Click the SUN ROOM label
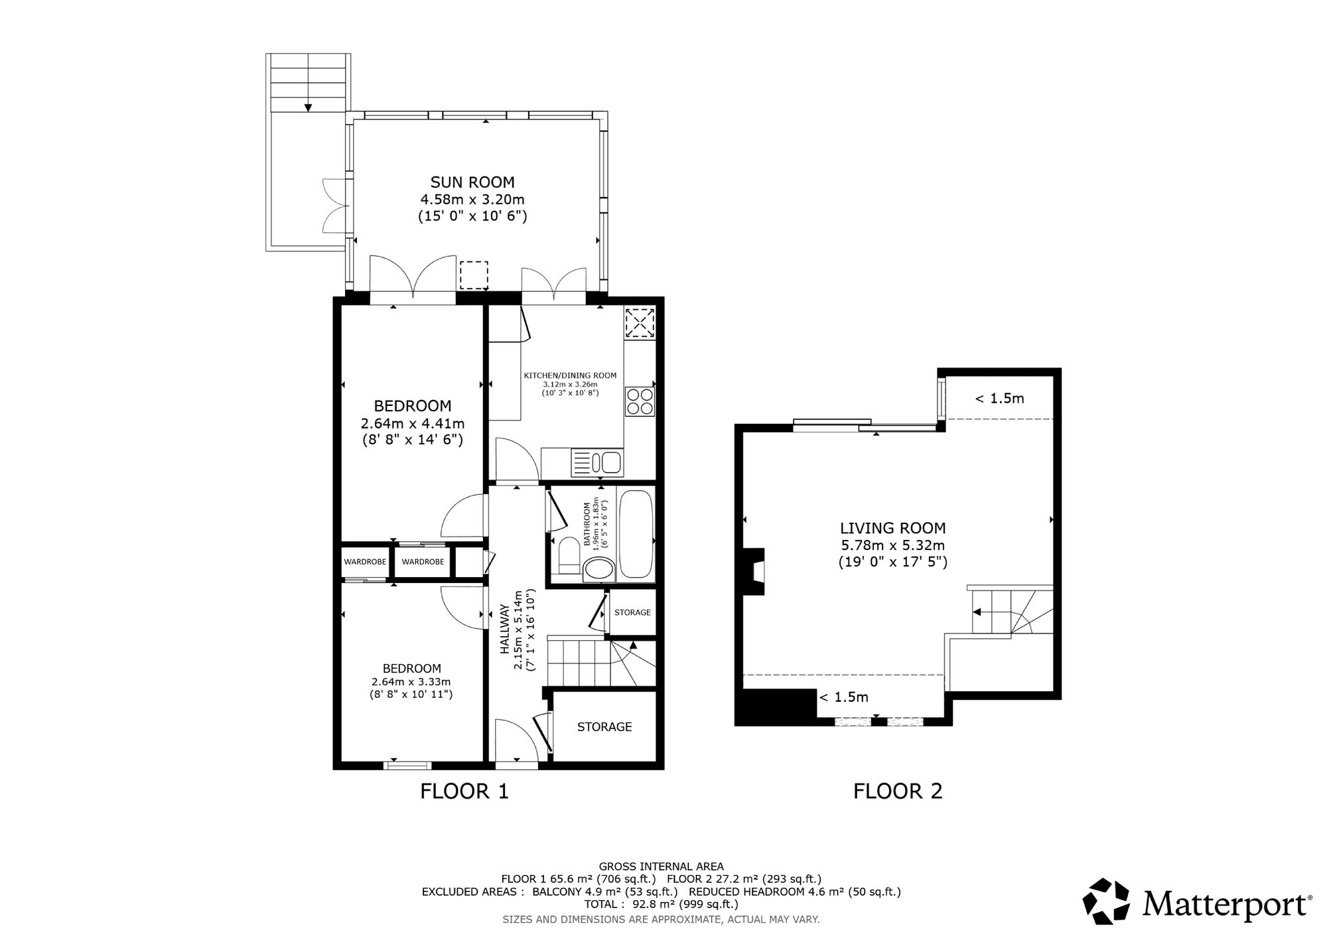(x=472, y=182)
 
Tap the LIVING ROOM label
(x=893, y=528)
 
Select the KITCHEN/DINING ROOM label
(x=571, y=375)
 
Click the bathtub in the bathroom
(x=636, y=535)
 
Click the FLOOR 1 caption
(x=464, y=791)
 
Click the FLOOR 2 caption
(x=898, y=791)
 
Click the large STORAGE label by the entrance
(x=604, y=726)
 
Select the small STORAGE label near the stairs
(x=632, y=612)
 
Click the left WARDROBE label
(x=365, y=562)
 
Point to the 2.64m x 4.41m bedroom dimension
(x=413, y=423)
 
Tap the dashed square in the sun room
(x=474, y=275)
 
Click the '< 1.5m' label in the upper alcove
(x=1000, y=398)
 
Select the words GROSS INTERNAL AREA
(x=662, y=866)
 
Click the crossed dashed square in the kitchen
(x=640, y=323)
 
